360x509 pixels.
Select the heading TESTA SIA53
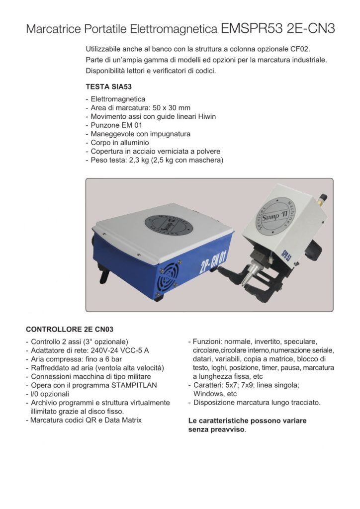(x=106, y=86)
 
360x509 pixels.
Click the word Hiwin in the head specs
(x=206, y=116)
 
